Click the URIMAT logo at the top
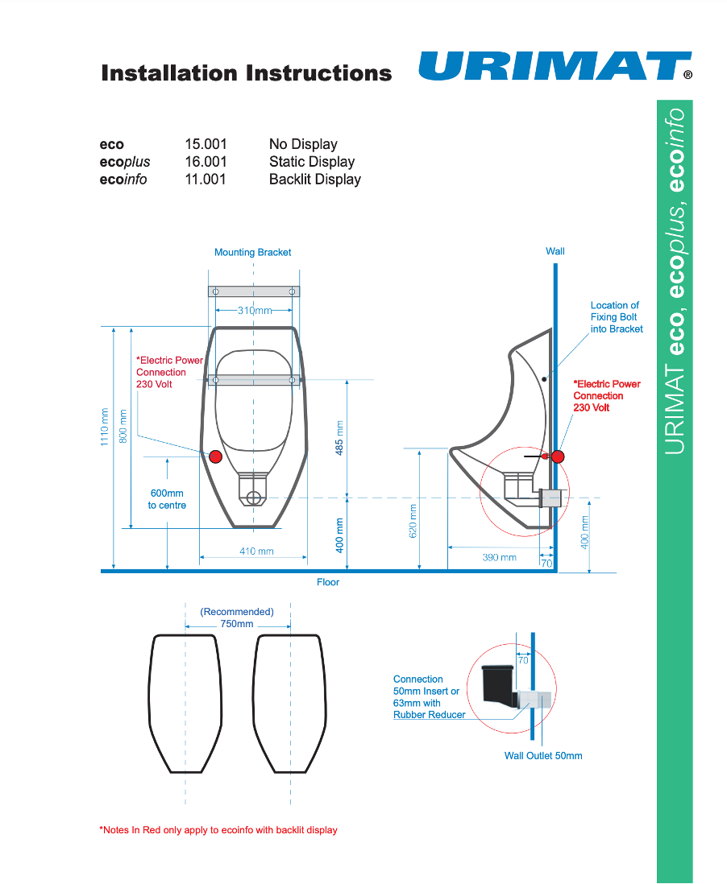[x=555, y=67]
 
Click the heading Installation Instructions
[x=247, y=73]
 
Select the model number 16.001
[x=206, y=162]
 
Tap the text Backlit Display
[x=314, y=180]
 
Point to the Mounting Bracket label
[x=252, y=252]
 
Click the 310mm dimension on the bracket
[x=254, y=310]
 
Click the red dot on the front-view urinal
[x=216, y=456]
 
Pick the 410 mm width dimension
[x=256, y=551]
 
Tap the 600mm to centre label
[x=167, y=499]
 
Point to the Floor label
[x=328, y=582]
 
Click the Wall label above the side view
[x=555, y=251]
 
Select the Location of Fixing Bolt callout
[x=616, y=316]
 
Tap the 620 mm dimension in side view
[x=413, y=521]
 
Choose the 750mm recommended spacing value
[x=237, y=624]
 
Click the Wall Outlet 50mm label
[x=543, y=756]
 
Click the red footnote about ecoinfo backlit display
[x=218, y=830]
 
